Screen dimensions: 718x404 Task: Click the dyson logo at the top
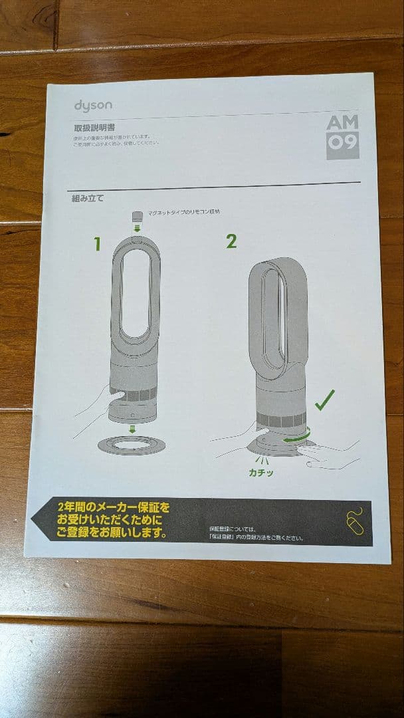tap(93, 105)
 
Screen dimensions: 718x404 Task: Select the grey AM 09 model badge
tap(342, 135)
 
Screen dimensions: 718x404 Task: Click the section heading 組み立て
tap(88, 197)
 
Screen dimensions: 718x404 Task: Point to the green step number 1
tap(97, 244)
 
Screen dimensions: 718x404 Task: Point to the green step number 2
tap(231, 241)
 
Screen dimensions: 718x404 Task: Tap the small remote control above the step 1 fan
tap(138, 216)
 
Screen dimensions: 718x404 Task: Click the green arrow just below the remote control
tap(138, 229)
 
